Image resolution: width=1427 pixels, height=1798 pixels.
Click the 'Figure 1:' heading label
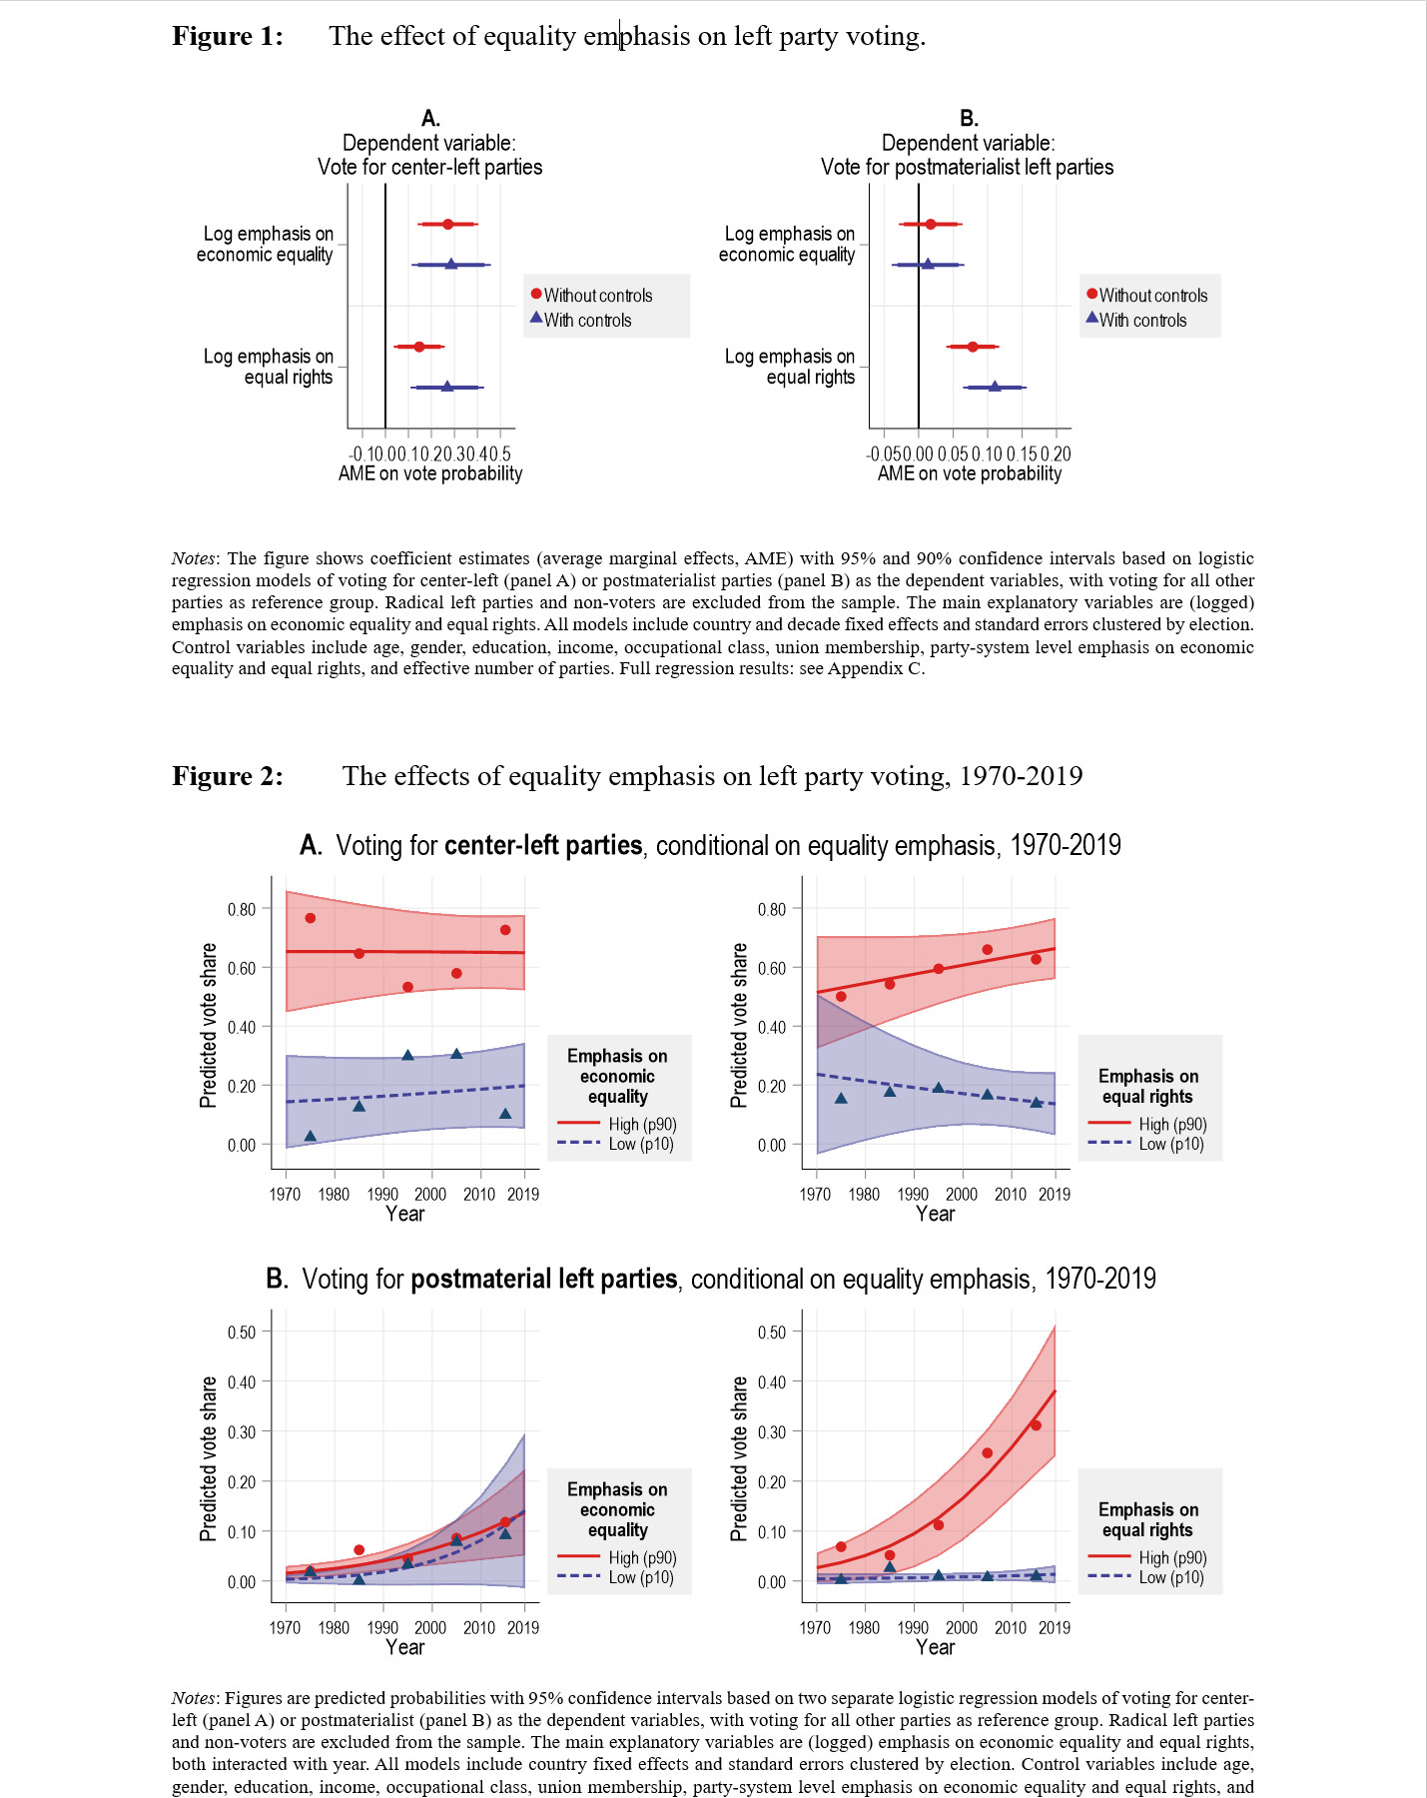pos(228,36)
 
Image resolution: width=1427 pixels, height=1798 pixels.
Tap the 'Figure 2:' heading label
pos(228,776)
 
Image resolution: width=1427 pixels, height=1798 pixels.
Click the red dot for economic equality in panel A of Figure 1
pos(447,224)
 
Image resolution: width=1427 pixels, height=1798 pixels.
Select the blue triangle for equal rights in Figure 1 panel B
pos(995,386)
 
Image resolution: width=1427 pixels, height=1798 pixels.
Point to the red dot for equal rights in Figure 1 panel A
pos(418,347)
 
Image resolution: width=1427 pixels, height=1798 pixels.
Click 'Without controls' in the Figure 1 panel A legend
pos(598,296)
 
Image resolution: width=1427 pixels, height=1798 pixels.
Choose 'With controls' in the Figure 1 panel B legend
pos(1143,321)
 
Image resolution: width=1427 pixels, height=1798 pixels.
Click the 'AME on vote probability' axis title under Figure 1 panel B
pos(970,473)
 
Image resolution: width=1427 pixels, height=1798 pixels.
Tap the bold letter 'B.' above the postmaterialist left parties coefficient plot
pos(969,119)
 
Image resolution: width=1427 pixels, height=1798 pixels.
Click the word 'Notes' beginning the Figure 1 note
pos(194,558)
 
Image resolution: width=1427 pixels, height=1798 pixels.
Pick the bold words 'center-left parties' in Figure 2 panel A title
pos(543,845)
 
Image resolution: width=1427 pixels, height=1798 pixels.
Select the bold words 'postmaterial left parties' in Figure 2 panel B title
pos(544,1280)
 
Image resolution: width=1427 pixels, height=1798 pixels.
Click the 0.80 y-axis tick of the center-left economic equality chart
pos(242,909)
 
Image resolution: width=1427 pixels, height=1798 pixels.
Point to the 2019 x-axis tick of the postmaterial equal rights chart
pos(1055,1627)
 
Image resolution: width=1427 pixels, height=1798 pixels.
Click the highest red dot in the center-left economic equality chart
pos(311,918)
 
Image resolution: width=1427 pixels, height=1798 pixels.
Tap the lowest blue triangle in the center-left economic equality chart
pos(311,1136)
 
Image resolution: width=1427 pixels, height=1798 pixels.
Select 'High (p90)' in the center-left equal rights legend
pos(1173,1125)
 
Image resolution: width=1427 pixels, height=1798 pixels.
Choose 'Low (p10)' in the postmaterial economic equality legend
pos(641,1578)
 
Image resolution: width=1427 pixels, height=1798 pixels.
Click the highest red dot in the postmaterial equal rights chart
pos(1036,1425)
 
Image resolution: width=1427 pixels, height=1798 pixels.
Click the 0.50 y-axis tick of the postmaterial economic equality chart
pos(242,1332)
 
